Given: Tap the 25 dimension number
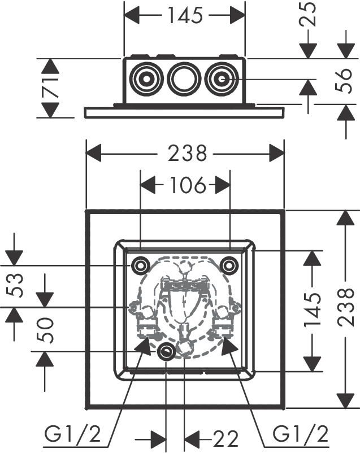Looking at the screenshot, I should point(309,16).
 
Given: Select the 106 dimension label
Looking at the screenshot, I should point(185,185).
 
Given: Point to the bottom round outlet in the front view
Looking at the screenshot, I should point(166,352).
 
